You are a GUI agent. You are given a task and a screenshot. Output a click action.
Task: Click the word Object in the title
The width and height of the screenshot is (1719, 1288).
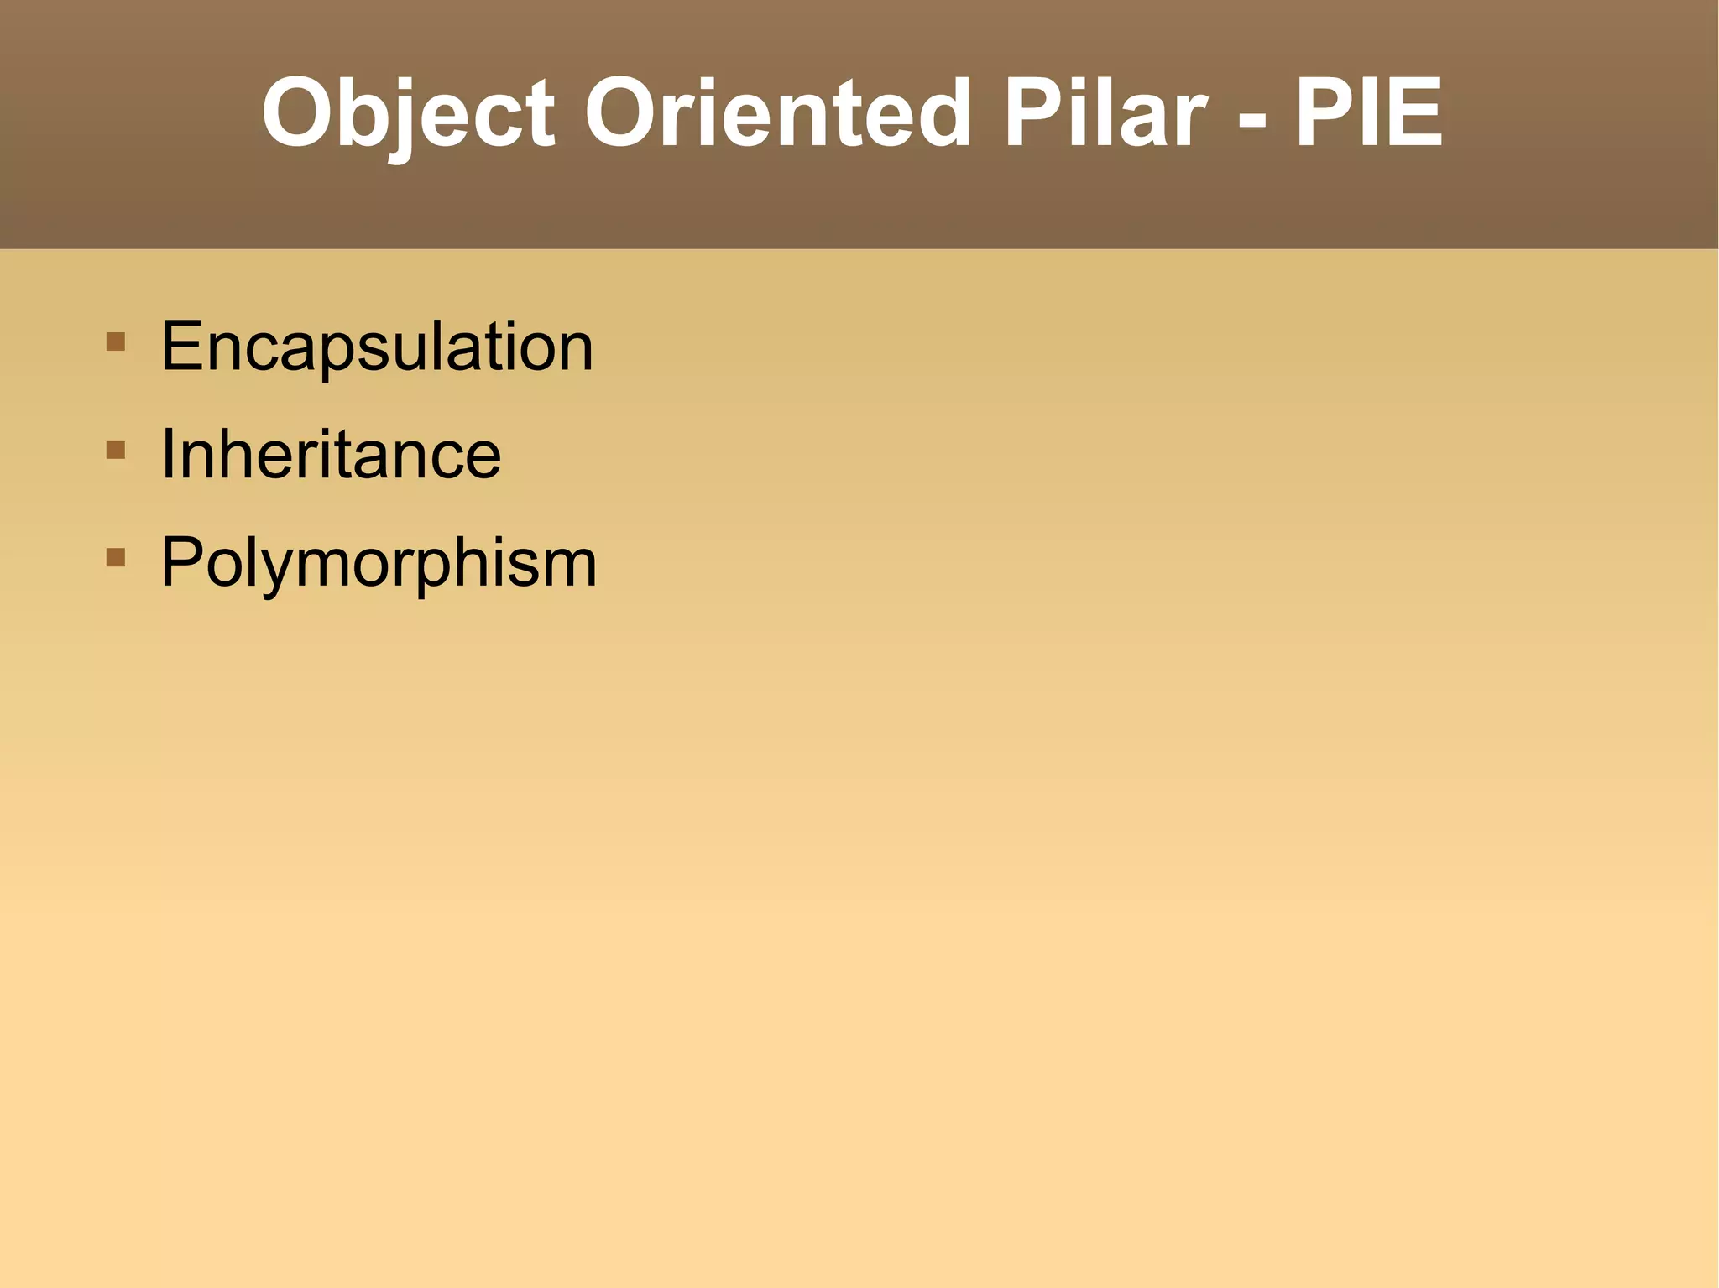pyautogui.click(x=408, y=113)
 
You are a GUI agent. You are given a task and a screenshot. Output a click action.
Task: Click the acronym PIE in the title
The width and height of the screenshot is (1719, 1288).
pyautogui.click(x=1369, y=113)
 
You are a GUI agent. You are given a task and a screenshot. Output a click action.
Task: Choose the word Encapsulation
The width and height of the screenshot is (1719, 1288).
pyautogui.click(x=377, y=347)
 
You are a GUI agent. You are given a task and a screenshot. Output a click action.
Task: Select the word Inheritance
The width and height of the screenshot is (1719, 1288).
pyautogui.click(x=331, y=454)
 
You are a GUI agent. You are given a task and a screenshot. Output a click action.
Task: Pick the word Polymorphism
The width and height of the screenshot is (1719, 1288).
pyautogui.click(x=379, y=562)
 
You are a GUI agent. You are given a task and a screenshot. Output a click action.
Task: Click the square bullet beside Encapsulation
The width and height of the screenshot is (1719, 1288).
pyautogui.click(x=116, y=342)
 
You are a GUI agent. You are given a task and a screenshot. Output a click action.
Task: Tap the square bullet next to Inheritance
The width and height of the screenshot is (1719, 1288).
pyautogui.click(x=116, y=450)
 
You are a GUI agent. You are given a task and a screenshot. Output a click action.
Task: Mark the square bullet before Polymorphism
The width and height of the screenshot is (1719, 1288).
pyautogui.click(x=116, y=557)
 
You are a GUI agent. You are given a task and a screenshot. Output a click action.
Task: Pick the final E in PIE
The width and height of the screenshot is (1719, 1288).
pyautogui.click(x=1413, y=113)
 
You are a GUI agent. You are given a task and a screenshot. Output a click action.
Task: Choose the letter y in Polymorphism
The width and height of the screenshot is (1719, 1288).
pyautogui.click(x=267, y=571)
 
